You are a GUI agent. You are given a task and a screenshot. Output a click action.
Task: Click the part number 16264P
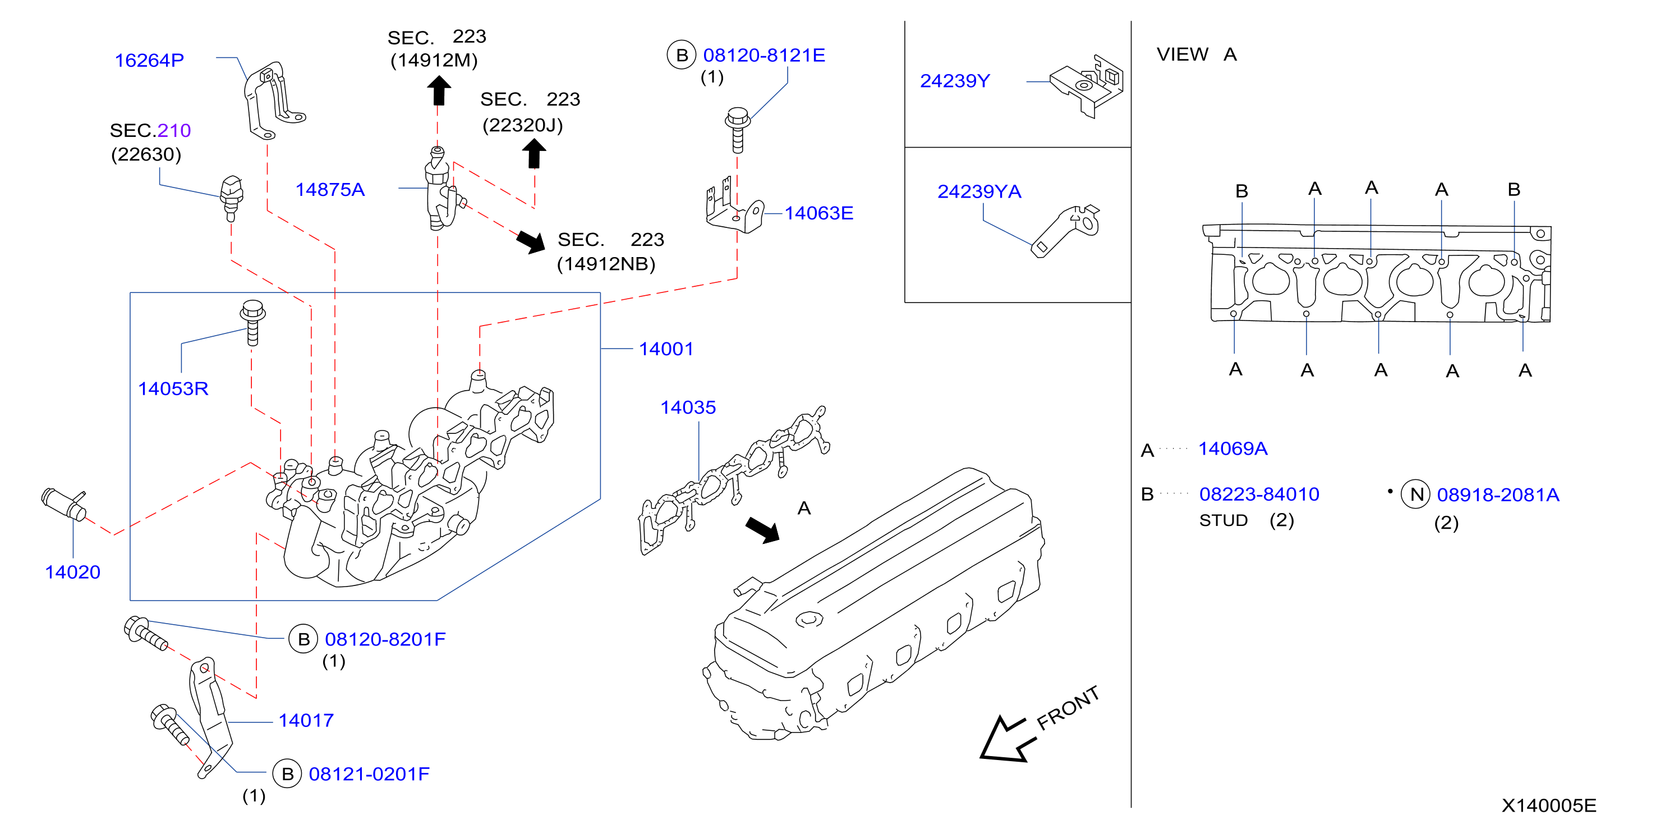click(x=149, y=60)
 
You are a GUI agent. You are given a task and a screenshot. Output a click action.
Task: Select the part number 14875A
click(x=330, y=190)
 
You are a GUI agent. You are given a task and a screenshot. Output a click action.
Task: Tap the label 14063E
click(x=819, y=213)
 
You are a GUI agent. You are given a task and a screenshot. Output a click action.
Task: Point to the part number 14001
click(x=666, y=349)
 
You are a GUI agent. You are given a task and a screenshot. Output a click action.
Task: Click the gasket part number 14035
click(x=688, y=408)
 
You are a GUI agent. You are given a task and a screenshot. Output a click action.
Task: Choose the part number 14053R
click(x=173, y=388)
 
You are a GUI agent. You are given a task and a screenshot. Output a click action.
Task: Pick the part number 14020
click(x=72, y=573)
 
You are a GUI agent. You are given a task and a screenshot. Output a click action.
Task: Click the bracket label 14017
click(x=306, y=721)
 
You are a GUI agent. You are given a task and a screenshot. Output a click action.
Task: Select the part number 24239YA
click(x=979, y=191)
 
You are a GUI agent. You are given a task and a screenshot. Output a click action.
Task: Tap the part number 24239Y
click(x=955, y=81)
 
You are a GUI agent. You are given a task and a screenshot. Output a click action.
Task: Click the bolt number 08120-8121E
click(x=764, y=55)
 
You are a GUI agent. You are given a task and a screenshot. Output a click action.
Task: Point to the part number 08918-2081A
click(x=1498, y=495)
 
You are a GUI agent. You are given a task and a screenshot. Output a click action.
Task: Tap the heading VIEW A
click(x=1197, y=54)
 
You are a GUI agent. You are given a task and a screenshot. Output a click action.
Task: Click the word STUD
click(x=1224, y=521)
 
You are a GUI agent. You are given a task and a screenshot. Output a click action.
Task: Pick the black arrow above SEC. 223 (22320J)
click(x=533, y=154)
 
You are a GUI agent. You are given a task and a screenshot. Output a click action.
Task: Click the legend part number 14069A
click(x=1232, y=449)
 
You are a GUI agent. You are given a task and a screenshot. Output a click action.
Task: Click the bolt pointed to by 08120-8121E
click(x=738, y=129)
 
